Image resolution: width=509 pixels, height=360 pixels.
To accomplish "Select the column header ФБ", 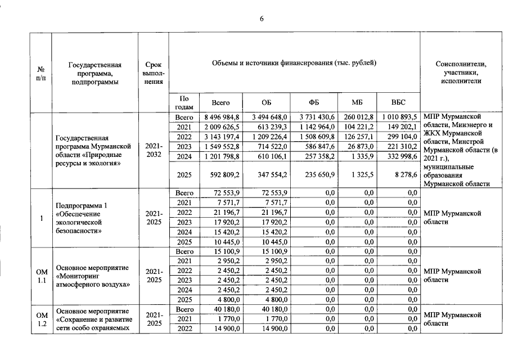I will coord(314,103).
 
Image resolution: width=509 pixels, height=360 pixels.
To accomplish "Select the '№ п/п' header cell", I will coord(40,73).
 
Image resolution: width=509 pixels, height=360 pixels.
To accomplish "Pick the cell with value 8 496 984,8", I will coord(220,117).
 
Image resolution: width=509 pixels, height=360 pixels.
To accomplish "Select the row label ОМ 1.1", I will coord(40,275).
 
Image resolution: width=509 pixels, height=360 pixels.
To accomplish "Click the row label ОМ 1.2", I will coord(40,319).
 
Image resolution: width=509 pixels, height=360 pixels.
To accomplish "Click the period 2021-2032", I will coord(154,151).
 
